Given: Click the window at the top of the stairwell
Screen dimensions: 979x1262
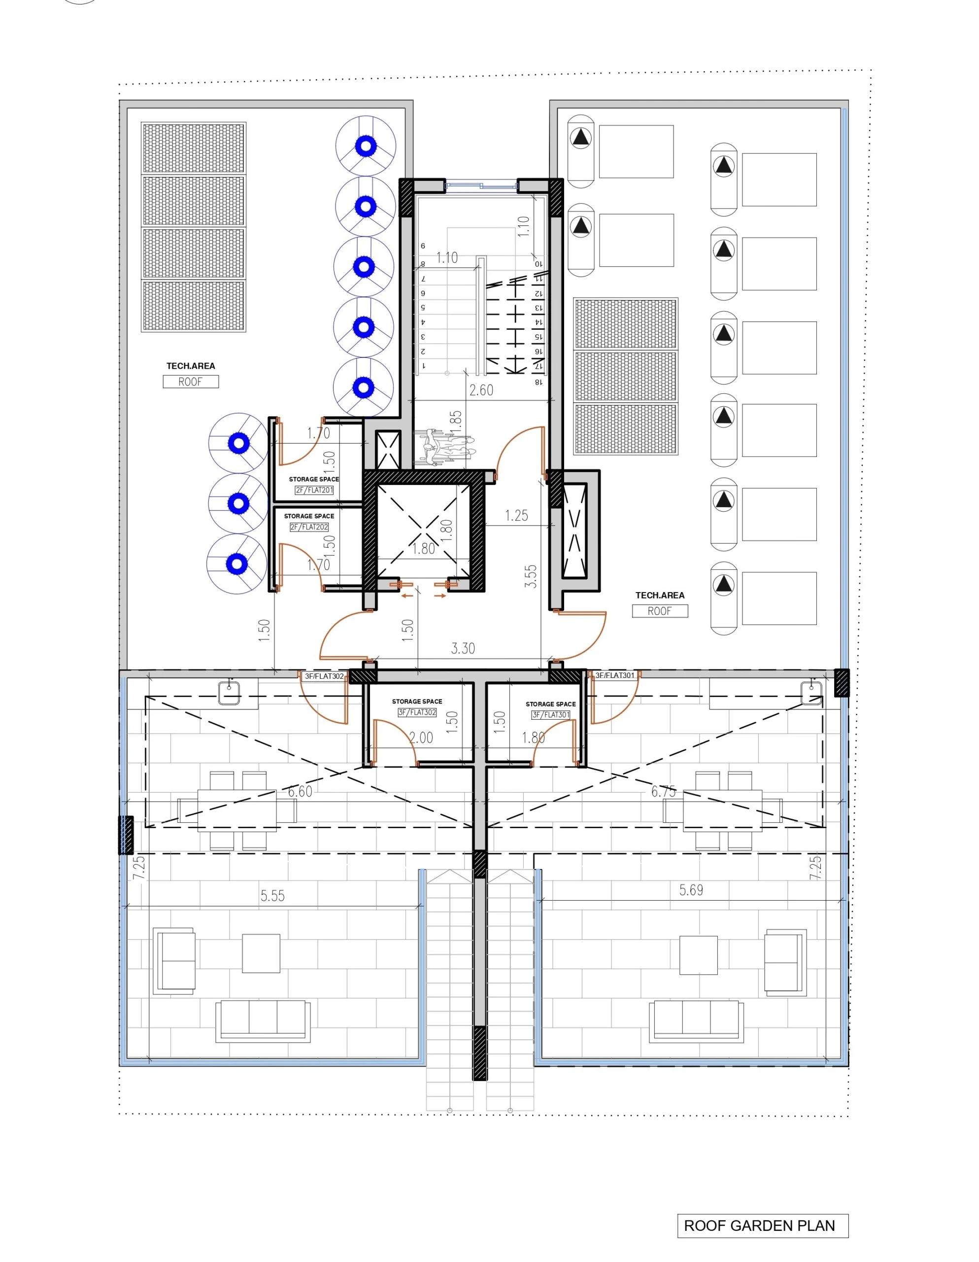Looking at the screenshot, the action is click(481, 185).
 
